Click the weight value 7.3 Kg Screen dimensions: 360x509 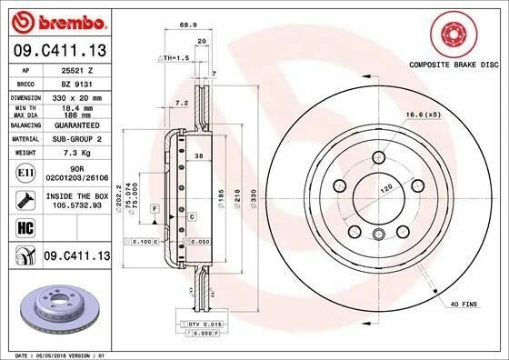[71, 166]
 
